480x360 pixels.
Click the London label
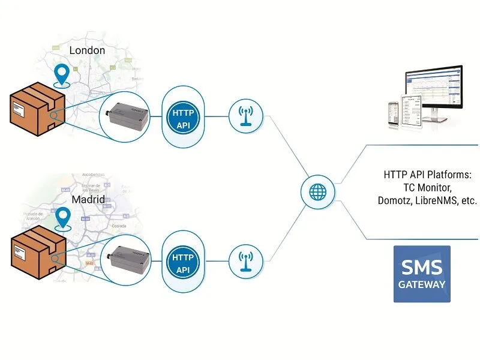click(87, 50)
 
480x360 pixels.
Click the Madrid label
click(89, 199)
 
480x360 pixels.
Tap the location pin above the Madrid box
click(62, 218)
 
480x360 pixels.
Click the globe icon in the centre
click(317, 192)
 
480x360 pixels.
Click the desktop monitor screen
click(434, 91)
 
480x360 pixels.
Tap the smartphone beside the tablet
click(394, 112)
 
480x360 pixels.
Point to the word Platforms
click(451, 175)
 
